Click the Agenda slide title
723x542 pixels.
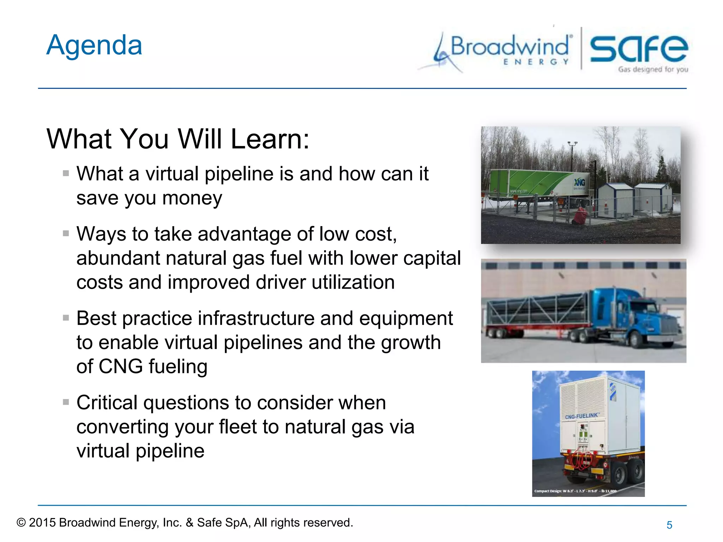click(94, 46)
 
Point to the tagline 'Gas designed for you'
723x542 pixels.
click(653, 70)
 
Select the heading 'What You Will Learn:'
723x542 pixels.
click(178, 139)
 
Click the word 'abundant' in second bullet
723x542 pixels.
click(118, 258)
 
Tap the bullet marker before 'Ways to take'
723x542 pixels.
click(66, 234)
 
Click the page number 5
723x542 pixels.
click(669, 525)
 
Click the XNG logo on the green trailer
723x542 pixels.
click(579, 182)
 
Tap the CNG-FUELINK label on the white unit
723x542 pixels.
click(581, 416)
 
